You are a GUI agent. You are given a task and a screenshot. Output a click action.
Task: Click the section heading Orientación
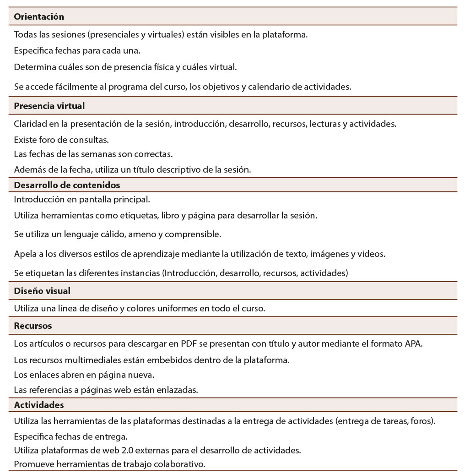pos(39,17)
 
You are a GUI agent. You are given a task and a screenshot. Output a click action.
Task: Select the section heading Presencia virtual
pos(49,106)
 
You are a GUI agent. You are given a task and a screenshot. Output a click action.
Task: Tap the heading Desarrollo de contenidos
pos(67,185)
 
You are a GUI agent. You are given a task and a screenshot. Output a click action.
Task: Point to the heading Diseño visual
pos(42,291)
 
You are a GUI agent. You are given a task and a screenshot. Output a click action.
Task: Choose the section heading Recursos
pos(33,326)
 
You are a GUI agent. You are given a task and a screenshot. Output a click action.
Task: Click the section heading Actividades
pos(39,405)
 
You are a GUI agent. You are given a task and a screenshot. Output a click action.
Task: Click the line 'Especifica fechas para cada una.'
pos(77,50)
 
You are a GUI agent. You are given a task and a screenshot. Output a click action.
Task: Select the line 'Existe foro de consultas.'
pos(61,140)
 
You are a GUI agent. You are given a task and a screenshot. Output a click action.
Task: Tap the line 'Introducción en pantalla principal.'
pos(82,199)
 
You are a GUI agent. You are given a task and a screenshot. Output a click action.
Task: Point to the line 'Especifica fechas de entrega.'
pos(70,436)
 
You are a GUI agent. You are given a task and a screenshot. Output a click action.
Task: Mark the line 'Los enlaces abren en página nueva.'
pos(84,375)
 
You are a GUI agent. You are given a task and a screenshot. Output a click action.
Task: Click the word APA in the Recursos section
pos(413,344)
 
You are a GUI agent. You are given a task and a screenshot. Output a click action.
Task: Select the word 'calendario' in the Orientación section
pos(267,87)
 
